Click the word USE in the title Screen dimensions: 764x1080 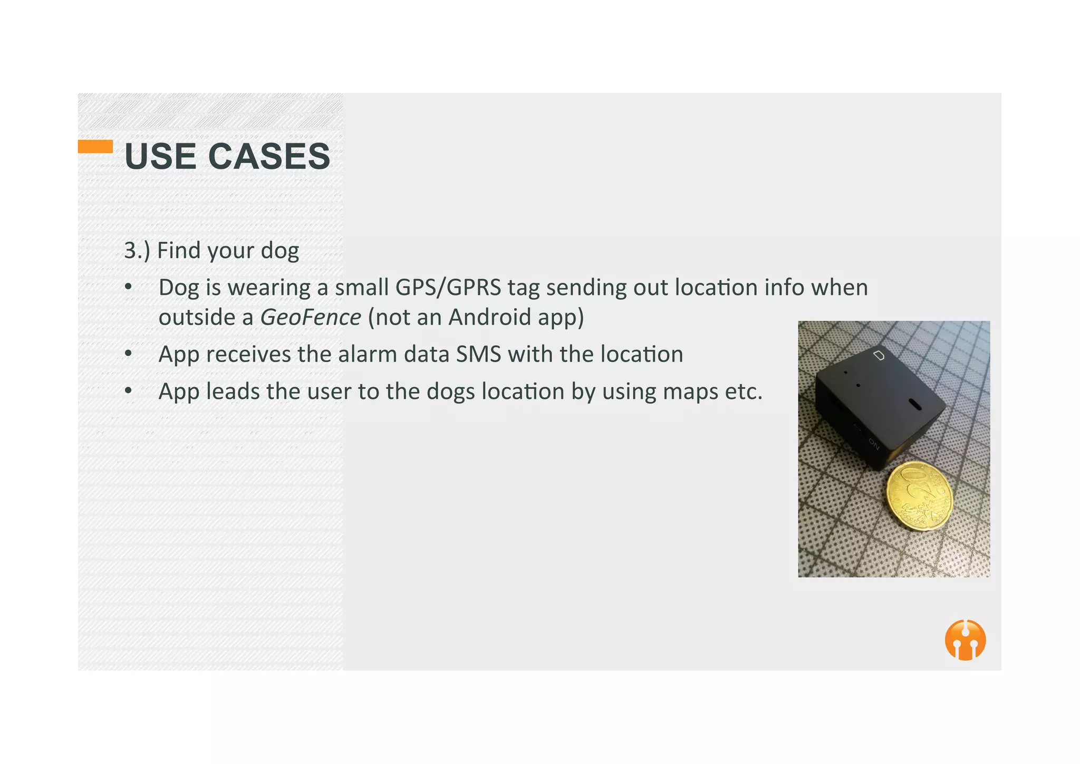[x=160, y=157]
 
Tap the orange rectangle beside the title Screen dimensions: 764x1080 [x=95, y=146]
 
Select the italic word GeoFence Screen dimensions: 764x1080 [x=311, y=317]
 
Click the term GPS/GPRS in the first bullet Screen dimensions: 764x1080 [x=448, y=288]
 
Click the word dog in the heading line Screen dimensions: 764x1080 [x=280, y=251]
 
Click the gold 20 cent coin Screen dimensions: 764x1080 [x=919, y=496]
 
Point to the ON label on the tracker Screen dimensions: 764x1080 [x=874, y=444]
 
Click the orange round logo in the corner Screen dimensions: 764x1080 [x=965, y=639]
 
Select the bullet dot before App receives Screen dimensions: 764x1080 [x=128, y=354]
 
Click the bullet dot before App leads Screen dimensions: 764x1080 [x=128, y=391]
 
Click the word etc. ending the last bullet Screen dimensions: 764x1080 [x=744, y=391]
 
